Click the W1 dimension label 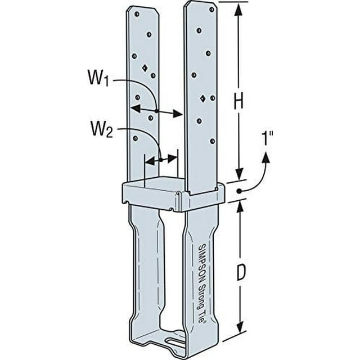coord(100,80)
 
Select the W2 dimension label coord(102,132)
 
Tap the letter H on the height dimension coord(238,102)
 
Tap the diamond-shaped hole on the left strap coord(145,67)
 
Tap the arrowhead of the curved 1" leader coord(267,158)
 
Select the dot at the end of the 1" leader coord(239,191)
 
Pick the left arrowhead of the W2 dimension coord(148,161)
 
